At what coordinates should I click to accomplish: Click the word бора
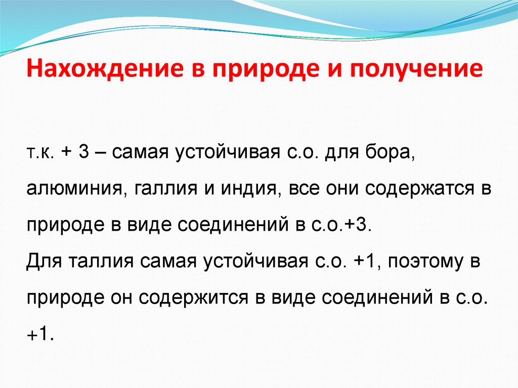(391, 154)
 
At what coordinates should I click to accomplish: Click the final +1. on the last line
(39, 332)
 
